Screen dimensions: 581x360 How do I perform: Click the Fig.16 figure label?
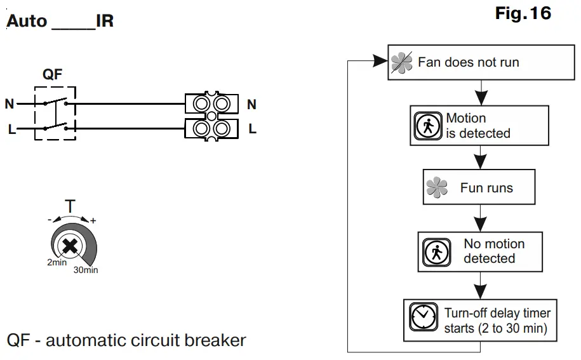coord(523,13)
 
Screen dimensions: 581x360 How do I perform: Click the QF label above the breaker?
coord(52,74)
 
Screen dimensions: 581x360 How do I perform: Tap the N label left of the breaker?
coord(10,103)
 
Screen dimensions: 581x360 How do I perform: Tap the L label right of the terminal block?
coord(252,129)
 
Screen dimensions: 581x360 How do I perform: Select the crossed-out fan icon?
coord(402,62)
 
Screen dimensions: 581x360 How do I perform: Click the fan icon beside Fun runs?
coord(437,187)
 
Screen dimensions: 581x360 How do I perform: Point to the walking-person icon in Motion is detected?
coord(428,126)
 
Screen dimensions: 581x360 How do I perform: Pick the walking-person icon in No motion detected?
coord(436,252)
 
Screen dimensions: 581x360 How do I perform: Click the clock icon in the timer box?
coord(423,317)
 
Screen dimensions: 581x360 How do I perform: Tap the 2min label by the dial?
coord(57,262)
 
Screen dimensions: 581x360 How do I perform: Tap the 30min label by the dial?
coord(86,270)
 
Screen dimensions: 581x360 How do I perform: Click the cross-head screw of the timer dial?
coord(70,246)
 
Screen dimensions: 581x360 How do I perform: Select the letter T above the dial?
coord(70,206)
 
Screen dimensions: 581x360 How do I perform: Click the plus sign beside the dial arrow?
coord(93,221)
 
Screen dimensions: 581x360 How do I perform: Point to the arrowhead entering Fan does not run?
coord(380,60)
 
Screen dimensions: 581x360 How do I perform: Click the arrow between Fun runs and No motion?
coord(480,218)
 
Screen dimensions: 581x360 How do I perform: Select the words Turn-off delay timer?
coord(497,313)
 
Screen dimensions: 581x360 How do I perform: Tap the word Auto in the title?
coord(27,21)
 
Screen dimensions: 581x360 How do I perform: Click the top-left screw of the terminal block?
coord(201,104)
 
